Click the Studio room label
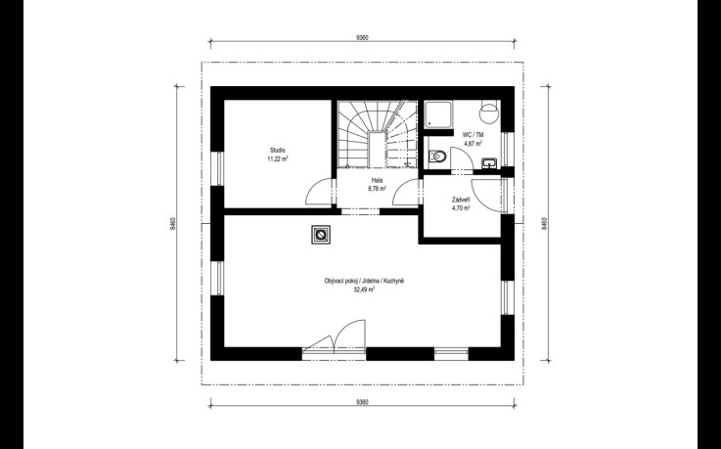[277, 151]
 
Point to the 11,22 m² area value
[277, 159]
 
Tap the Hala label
[377, 180]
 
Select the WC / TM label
[473, 135]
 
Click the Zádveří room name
[461, 200]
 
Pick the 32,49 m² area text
[364, 290]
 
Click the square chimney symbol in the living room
[320, 235]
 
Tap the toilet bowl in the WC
[437, 157]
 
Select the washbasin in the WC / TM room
[489, 162]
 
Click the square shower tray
[437, 114]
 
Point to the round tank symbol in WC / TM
[489, 112]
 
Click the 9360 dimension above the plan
[362, 38]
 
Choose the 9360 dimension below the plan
[362, 402]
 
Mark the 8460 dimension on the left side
[172, 223]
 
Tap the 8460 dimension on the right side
[545, 223]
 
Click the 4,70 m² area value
[461, 208]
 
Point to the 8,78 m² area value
[377, 189]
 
